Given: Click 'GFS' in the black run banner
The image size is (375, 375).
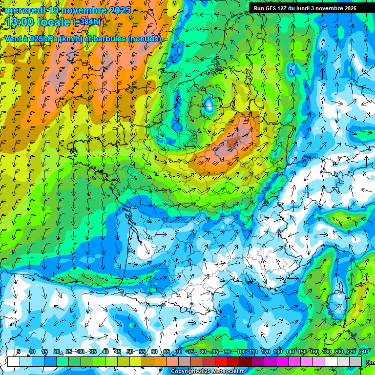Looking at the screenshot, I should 274,8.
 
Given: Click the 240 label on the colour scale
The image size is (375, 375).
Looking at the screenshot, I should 363,352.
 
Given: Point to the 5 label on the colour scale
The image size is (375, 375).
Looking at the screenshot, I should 19,352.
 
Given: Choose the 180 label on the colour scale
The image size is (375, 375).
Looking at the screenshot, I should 326,352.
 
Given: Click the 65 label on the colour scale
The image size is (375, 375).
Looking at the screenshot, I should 167,352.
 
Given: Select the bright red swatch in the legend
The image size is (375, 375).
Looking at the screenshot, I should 221,361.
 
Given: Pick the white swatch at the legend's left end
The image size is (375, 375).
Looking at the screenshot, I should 14,361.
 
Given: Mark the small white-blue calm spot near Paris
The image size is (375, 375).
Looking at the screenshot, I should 209,104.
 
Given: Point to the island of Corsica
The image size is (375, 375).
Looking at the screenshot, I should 337,303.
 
